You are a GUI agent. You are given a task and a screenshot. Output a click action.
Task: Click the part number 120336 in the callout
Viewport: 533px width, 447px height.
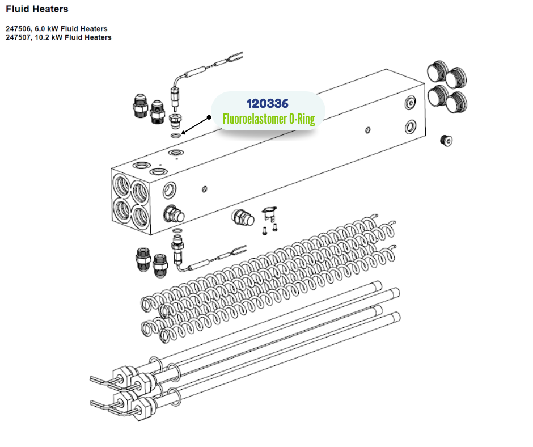(268, 103)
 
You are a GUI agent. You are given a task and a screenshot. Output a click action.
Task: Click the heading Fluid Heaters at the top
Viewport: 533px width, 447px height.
(37, 9)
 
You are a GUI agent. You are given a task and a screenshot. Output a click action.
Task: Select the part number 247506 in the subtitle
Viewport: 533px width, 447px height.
(18, 28)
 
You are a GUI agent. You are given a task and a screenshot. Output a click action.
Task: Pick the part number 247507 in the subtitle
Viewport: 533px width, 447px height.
(18, 37)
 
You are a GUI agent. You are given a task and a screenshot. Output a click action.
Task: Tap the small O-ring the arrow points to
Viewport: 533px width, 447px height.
(176, 136)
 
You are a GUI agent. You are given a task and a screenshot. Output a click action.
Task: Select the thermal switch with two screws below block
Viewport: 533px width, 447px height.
(269, 214)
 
